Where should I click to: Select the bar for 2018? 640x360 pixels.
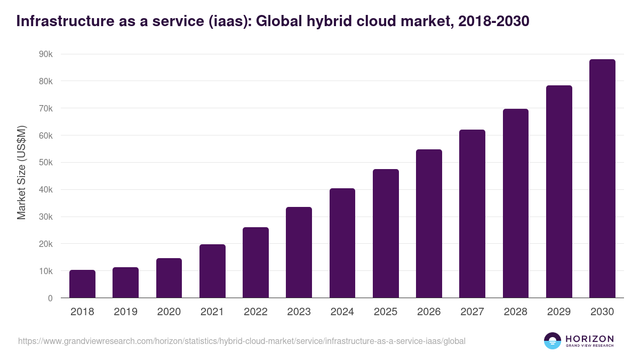coord(82,284)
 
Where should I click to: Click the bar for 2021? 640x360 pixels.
coord(212,271)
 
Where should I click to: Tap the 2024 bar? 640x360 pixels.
coord(342,243)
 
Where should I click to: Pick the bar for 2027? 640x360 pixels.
coord(472,213)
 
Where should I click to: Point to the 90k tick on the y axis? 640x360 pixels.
coord(46,54)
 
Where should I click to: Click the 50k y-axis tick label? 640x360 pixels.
coord(46,163)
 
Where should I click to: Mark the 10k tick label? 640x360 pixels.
coord(46,271)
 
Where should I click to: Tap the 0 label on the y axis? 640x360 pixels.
coord(50,298)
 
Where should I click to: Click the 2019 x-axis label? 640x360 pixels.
coord(125,312)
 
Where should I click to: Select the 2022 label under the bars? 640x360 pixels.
coord(255,312)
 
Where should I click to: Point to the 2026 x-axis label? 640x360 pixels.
coord(429,312)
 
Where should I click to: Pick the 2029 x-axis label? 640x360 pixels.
coord(559,312)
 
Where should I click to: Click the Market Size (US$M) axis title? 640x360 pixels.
coord(21,173)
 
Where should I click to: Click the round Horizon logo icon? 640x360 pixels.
coord(552,341)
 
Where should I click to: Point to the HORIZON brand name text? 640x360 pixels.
coord(589,339)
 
